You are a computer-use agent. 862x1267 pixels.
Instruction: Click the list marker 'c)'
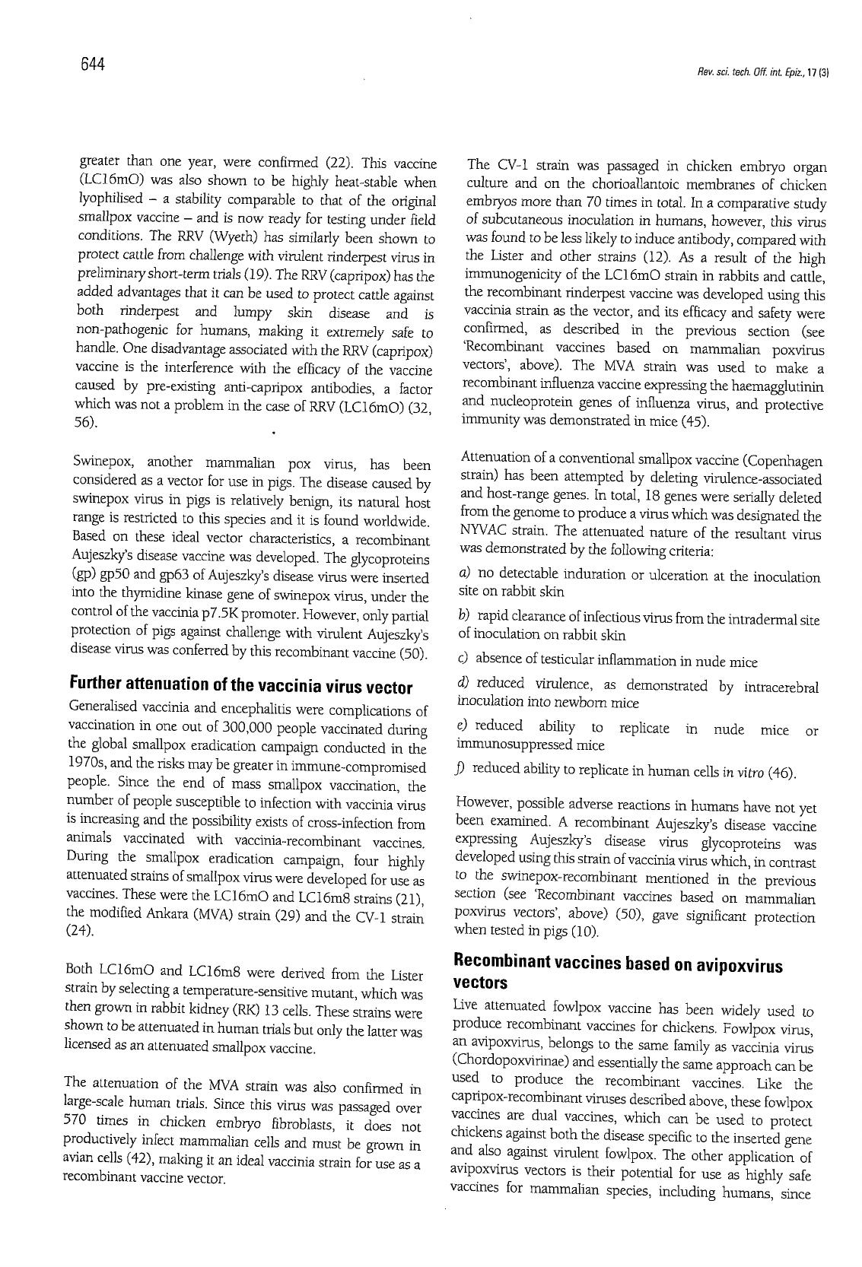pos(463,660)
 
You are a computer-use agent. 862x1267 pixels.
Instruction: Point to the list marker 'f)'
pos(461,769)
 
